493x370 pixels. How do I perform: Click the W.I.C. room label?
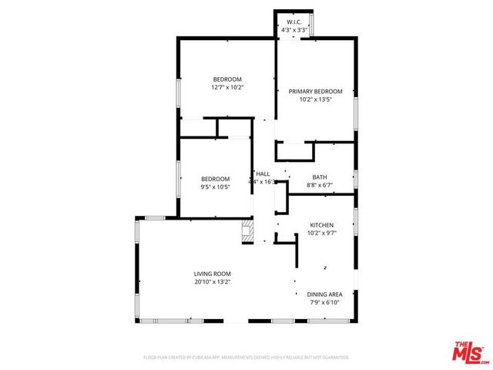coord(294,22)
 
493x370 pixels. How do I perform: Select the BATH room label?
coord(319,177)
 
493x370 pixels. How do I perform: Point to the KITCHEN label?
coord(321,225)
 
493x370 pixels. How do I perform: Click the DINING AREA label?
coord(324,294)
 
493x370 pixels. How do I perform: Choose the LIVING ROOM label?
coord(212,274)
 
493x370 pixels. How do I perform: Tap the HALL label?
coord(263,173)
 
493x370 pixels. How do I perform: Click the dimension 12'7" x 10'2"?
coord(227,87)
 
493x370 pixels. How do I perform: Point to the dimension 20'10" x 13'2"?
coord(212,282)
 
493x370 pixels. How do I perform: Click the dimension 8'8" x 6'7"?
coord(319,185)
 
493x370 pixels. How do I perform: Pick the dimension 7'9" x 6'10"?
coord(324,302)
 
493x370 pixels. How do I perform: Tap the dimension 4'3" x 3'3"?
coord(294,29)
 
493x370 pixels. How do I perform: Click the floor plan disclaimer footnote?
coord(246,358)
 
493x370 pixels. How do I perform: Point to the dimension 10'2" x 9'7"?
coord(321,233)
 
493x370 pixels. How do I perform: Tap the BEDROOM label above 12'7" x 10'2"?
coord(227,79)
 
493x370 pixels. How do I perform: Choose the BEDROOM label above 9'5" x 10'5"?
coord(216,179)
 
